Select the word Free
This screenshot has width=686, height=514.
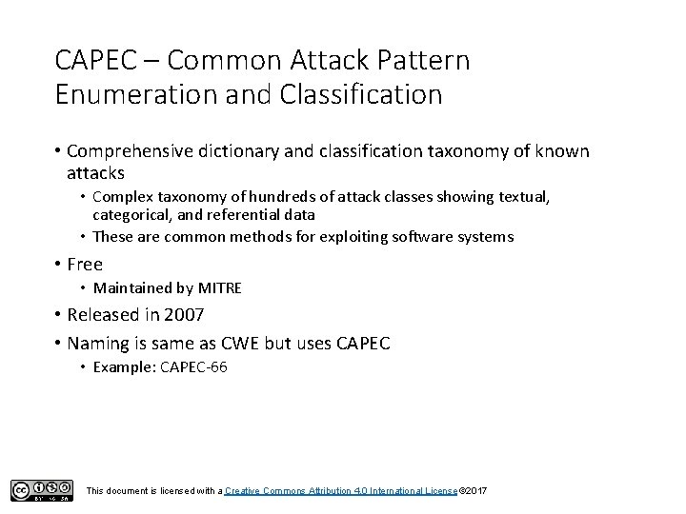point(85,265)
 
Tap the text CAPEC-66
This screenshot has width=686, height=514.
point(193,366)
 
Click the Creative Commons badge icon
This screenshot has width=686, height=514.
point(41,489)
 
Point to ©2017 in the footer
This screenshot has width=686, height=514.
point(474,490)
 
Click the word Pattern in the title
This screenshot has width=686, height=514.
point(424,62)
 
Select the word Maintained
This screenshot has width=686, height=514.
point(132,288)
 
